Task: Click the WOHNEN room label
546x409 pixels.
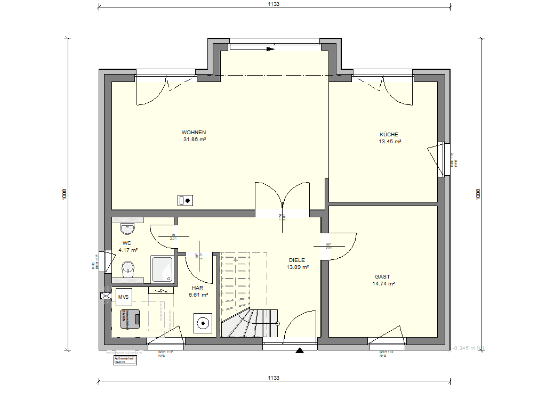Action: pyautogui.click(x=194, y=133)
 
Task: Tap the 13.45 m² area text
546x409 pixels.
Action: pyautogui.click(x=390, y=142)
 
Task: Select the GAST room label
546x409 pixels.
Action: pyautogui.click(x=382, y=277)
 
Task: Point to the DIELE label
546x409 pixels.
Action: pyautogui.click(x=297, y=260)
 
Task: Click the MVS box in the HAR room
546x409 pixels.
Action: pyautogui.click(x=124, y=297)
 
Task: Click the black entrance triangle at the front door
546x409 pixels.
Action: pyautogui.click(x=300, y=350)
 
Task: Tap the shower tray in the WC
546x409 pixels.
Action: pyautogui.click(x=162, y=268)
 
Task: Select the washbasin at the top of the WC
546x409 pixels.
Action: pyautogui.click(x=127, y=229)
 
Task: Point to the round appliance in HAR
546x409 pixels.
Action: pyautogui.click(x=203, y=323)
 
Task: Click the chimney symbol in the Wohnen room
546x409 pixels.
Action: pyautogui.click(x=186, y=201)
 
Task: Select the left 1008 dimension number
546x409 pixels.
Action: pyautogui.click(x=65, y=194)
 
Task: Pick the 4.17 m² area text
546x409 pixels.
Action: pyautogui.click(x=128, y=250)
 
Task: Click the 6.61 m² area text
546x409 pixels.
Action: pyautogui.click(x=198, y=294)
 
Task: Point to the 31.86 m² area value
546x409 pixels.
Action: pyautogui.click(x=194, y=140)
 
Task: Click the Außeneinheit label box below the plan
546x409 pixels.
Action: pyautogui.click(x=125, y=361)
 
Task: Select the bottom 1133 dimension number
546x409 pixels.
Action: pyautogui.click(x=274, y=378)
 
